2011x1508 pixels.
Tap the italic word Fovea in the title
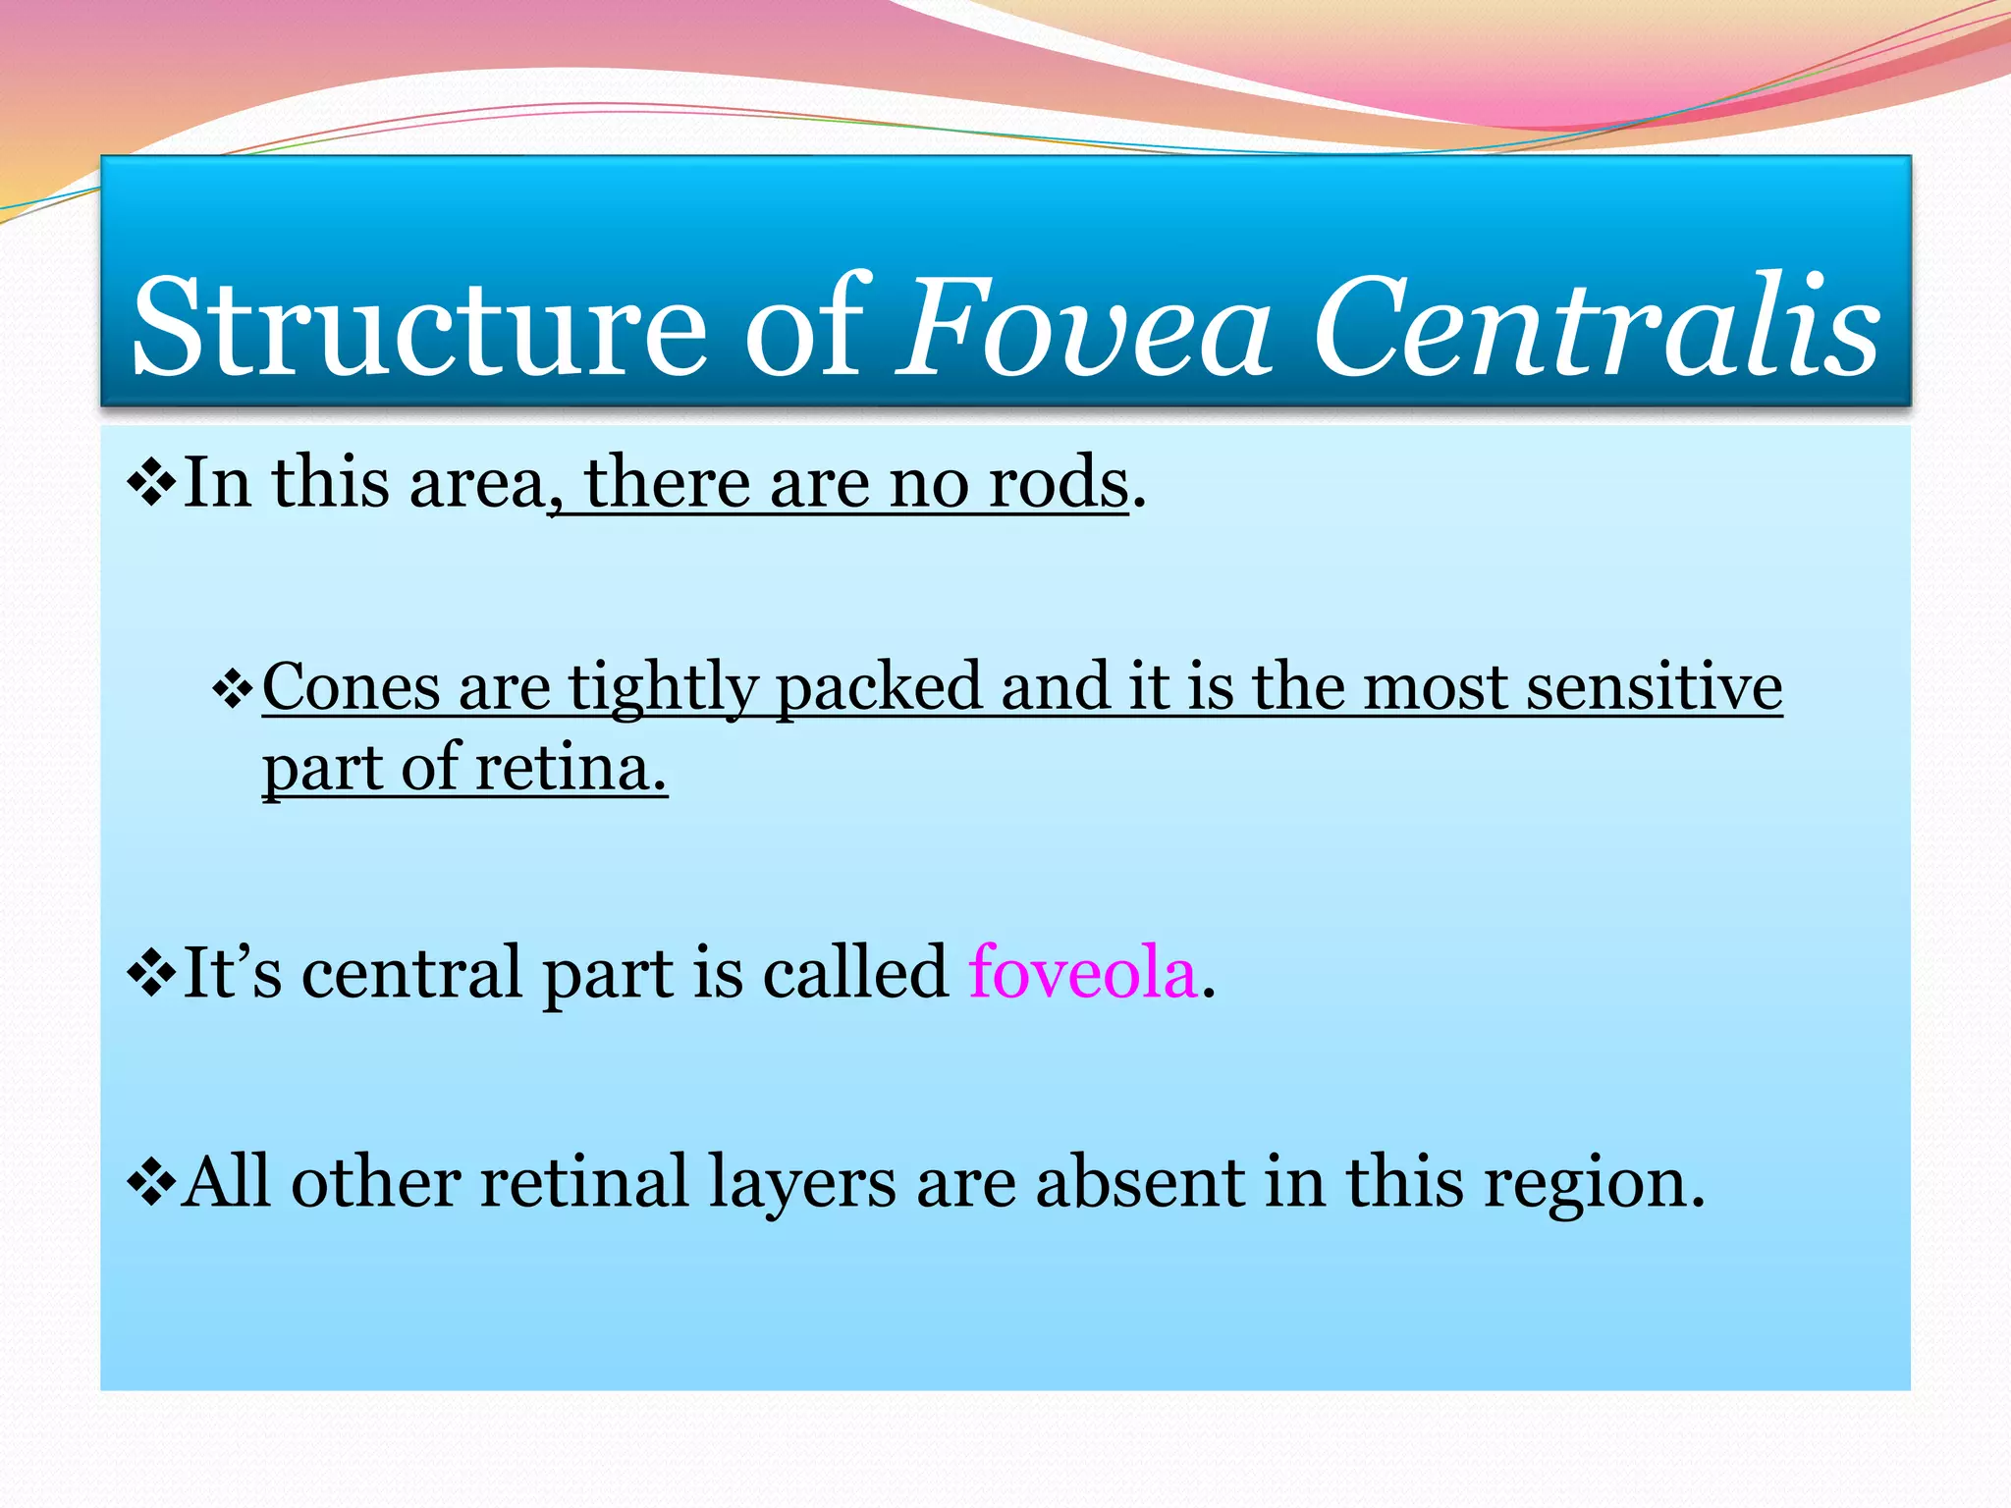tap(1085, 326)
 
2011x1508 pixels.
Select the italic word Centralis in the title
tap(1597, 326)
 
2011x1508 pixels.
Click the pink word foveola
tap(1083, 973)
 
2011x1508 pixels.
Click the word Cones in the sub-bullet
tap(351, 686)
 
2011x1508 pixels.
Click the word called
tap(855, 973)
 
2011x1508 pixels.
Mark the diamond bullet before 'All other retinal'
tap(151, 1184)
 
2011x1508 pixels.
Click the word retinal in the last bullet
tap(583, 1182)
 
